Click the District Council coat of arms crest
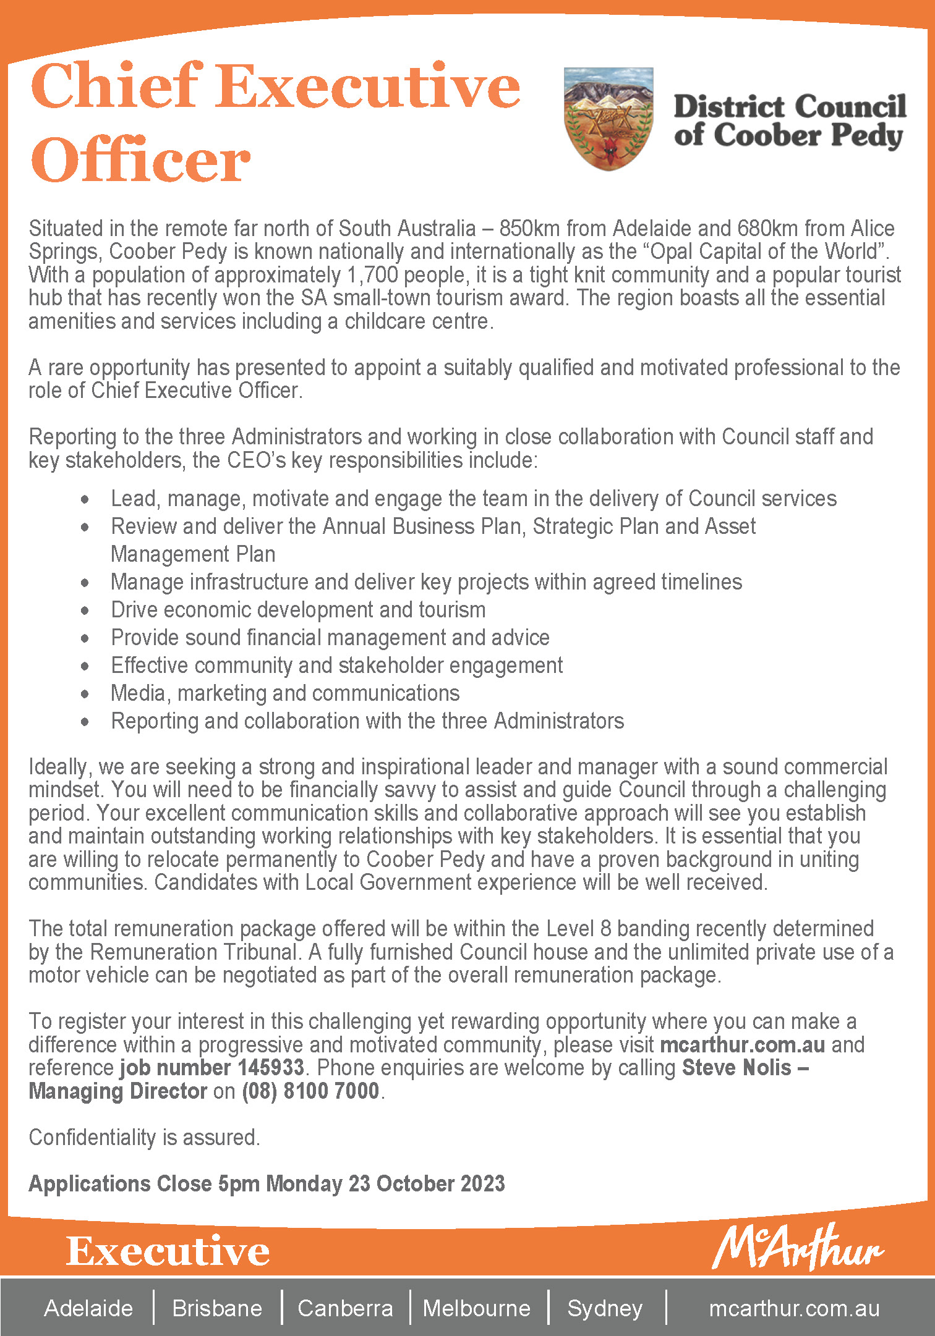point(608,119)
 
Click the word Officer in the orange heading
point(141,160)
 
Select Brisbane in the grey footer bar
point(217,1308)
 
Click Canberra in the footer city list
point(345,1308)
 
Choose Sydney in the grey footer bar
point(605,1308)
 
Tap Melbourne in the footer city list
point(477,1308)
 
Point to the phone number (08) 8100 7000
point(310,1091)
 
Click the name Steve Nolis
point(736,1068)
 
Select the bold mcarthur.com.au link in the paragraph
point(742,1045)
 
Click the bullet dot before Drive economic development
point(85,611)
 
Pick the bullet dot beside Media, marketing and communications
point(85,694)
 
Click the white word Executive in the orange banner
point(168,1251)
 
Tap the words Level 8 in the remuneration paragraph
point(579,929)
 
